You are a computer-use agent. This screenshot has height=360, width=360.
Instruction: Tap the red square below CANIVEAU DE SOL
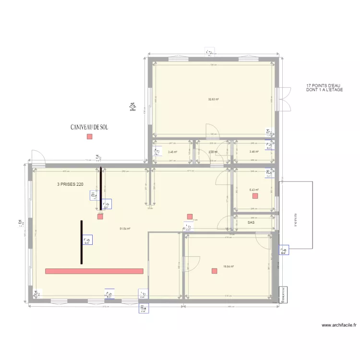(89, 137)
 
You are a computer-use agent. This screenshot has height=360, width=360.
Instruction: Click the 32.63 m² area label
(214, 100)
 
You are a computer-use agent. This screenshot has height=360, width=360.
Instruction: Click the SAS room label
(251, 223)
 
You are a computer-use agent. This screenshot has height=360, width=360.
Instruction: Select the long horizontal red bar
(94, 271)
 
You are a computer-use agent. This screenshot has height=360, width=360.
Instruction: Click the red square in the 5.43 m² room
(255, 196)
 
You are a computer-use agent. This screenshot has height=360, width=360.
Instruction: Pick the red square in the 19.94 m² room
(214, 271)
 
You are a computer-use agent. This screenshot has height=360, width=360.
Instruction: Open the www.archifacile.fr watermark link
(339, 325)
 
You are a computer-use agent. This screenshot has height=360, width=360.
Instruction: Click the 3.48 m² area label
(173, 152)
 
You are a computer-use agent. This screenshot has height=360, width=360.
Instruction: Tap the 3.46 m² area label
(254, 152)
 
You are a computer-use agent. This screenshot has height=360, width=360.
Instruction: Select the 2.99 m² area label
(213, 152)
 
